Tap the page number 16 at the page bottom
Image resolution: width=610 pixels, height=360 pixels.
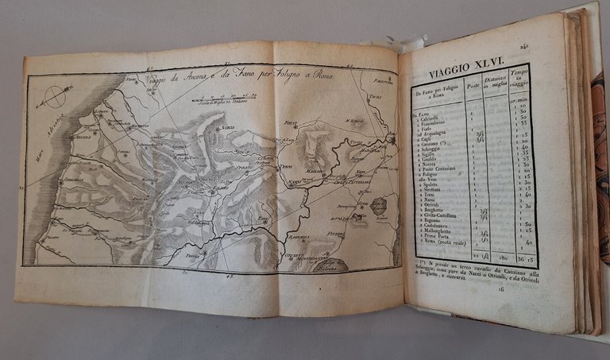pos(502,291)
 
